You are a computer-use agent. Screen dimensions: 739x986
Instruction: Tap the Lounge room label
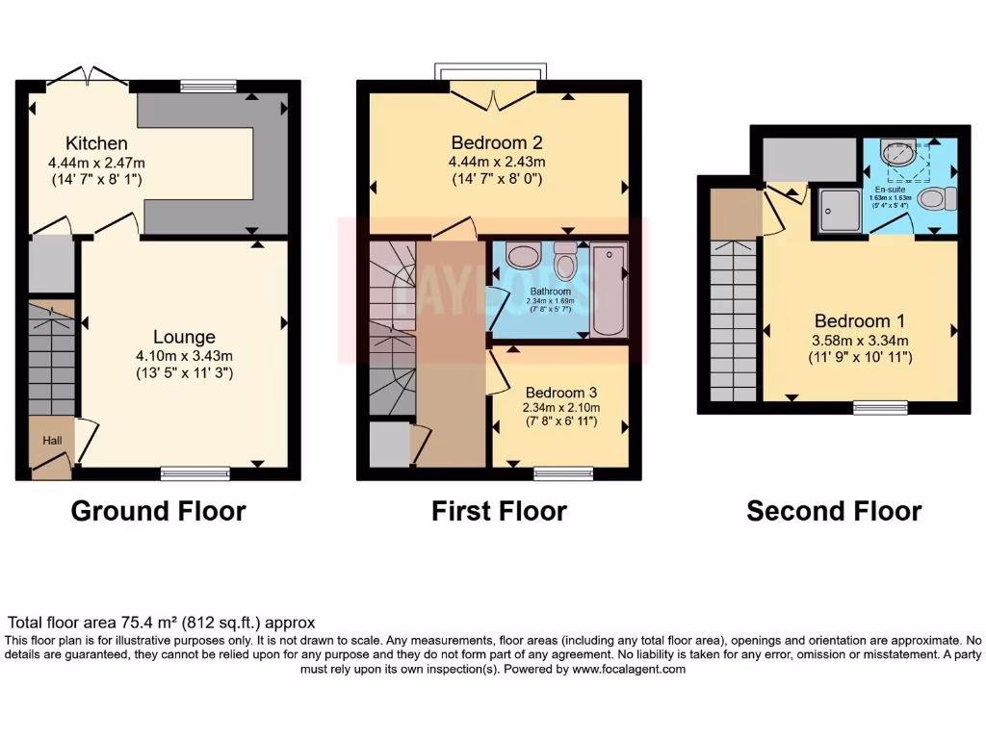(x=184, y=337)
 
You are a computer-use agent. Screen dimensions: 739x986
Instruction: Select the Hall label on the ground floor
(x=50, y=440)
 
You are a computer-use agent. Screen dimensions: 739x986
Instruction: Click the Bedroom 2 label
(x=499, y=141)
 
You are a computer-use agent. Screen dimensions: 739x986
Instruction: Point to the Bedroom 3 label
(x=561, y=393)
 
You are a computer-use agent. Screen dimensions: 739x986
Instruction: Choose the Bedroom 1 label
(x=859, y=320)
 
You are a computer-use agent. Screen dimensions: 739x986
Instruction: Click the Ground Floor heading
(x=158, y=511)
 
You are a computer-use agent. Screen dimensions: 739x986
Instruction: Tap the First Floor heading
(x=499, y=511)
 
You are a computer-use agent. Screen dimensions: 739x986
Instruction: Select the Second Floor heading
(x=834, y=511)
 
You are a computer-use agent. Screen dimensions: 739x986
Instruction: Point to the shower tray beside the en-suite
(x=840, y=211)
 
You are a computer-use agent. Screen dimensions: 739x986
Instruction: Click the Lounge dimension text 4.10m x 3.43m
(x=184, y=356)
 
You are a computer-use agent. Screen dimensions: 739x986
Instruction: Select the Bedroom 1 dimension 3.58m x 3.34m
(x=859, y=340)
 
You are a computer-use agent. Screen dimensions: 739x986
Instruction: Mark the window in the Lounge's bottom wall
(x=195, y=472)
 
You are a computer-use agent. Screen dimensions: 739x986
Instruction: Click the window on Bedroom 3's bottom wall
(x=563, y=472)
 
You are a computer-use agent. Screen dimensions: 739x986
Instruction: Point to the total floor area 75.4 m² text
(x=162, y=623)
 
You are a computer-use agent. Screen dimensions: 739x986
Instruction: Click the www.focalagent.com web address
(x=629, y=669)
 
